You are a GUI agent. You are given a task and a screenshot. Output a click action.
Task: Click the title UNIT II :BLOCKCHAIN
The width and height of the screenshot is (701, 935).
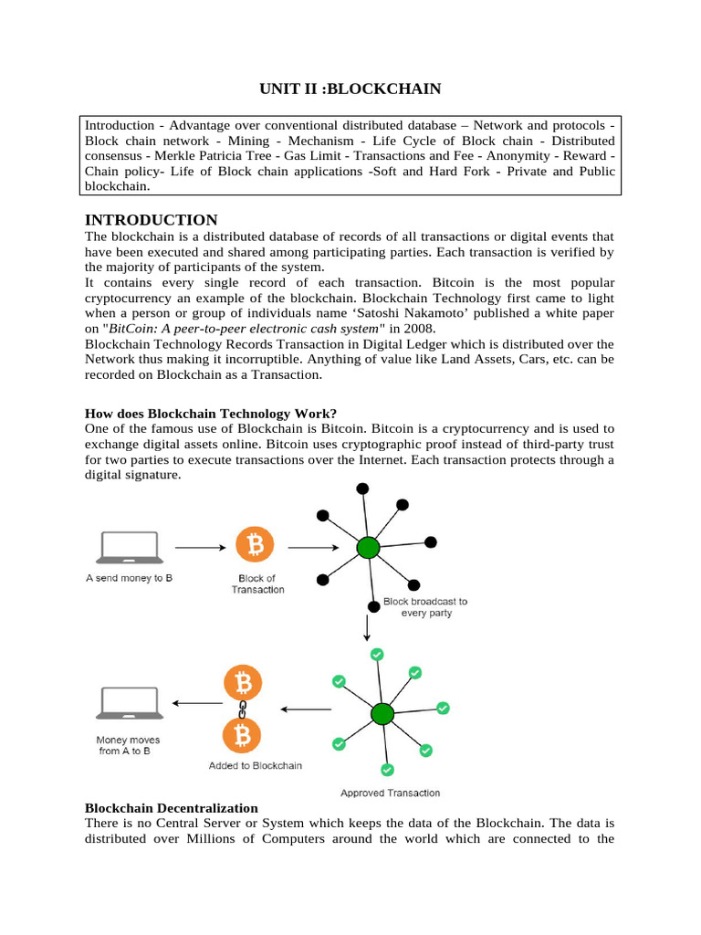[350, 89]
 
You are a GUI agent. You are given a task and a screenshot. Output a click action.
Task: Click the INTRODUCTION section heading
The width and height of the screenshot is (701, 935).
[151, 220]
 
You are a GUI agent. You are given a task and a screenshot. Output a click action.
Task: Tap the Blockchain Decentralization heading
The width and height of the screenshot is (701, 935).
[172, 808]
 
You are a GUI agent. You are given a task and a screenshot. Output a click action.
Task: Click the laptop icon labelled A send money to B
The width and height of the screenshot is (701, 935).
[129, 548]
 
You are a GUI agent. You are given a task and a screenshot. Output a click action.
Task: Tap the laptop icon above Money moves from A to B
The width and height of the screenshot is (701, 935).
[129, 704]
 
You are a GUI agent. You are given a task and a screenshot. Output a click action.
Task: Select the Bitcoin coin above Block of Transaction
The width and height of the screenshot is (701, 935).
[255, 546]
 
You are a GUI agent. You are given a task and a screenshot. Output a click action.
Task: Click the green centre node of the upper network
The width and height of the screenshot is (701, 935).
[368, 548]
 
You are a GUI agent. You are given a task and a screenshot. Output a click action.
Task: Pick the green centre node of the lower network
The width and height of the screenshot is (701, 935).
[382, 713]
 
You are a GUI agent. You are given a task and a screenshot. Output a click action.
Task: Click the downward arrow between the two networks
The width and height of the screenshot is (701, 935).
[367, 626]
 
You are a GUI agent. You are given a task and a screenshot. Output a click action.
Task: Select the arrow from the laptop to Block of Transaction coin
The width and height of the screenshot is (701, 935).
[200, 548]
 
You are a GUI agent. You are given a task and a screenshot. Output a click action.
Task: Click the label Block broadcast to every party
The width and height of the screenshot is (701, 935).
[425, 607]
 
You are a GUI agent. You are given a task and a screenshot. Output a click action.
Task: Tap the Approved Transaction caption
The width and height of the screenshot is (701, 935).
[390, 793]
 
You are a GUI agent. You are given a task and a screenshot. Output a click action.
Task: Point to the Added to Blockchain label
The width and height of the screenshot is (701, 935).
[255, 765]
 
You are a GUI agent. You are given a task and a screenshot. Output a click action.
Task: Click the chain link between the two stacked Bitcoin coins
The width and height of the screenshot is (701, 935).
[243, 709]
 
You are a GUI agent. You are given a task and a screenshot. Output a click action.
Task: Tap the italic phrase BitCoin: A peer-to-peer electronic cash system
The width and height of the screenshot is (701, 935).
[256, 329]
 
